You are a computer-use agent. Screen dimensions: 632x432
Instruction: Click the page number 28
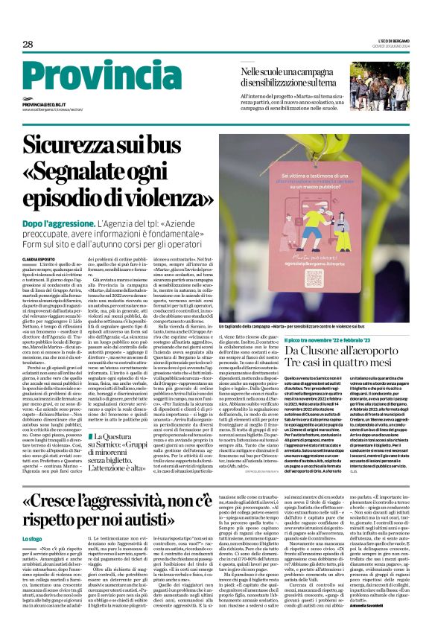pos(28,44)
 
